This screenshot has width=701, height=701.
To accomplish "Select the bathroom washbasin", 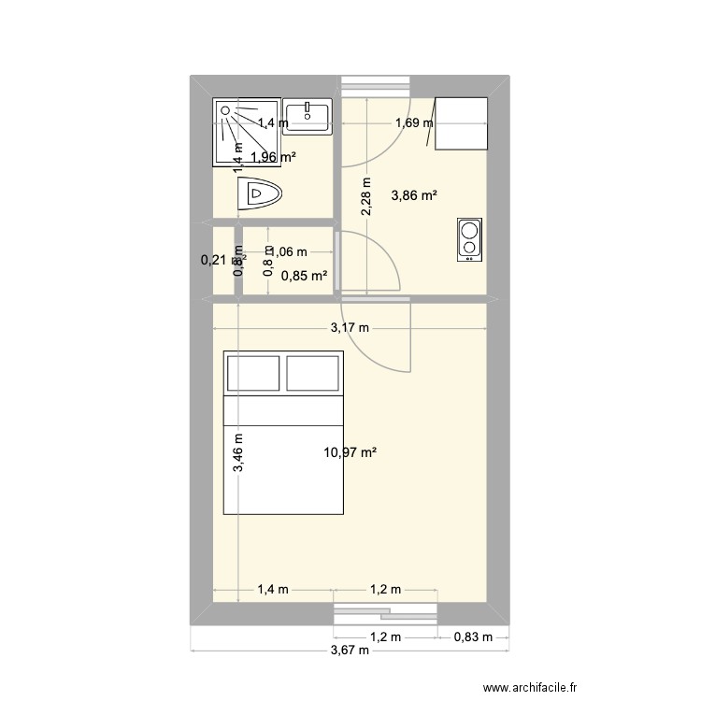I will click(x=308, y=117).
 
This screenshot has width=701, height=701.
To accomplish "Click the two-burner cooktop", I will click(x=469, y=240).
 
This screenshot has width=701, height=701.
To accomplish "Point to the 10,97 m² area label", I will click(x=350, y=453).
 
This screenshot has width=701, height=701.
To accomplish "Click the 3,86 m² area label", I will click(x=415, y=195).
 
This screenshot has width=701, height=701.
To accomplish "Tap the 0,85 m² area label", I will click(x=305, y=275).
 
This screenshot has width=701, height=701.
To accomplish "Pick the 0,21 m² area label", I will click(x=217, y=261).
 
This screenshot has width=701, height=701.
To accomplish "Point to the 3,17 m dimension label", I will click(x=349, y=328).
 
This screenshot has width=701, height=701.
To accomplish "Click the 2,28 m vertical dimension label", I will click(x=366, y=198).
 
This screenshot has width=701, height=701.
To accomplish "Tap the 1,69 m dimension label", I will click(x=414, y=122).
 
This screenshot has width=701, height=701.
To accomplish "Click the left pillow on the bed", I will click(x=252, y=373).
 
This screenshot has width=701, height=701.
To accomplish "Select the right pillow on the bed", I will click(x=313, y=373).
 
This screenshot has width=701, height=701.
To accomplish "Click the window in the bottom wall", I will click(x=386, y=613).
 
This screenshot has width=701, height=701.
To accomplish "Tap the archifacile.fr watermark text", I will click(x=540, y=684).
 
